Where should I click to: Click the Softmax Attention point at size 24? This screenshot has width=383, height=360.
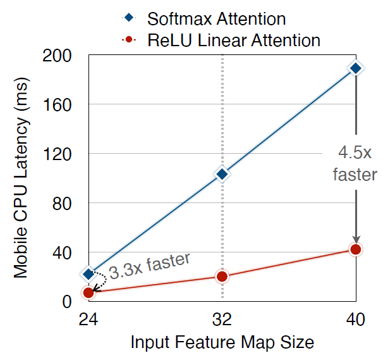click(x=88, y=274)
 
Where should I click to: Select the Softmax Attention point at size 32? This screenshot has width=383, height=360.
click(x=222, y=174)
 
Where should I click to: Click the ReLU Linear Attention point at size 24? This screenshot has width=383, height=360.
click(x=88, y=292)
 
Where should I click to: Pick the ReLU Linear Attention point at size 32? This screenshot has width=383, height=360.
click(x=222, y=276)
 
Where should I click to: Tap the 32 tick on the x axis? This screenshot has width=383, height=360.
click(x=222, y=320)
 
